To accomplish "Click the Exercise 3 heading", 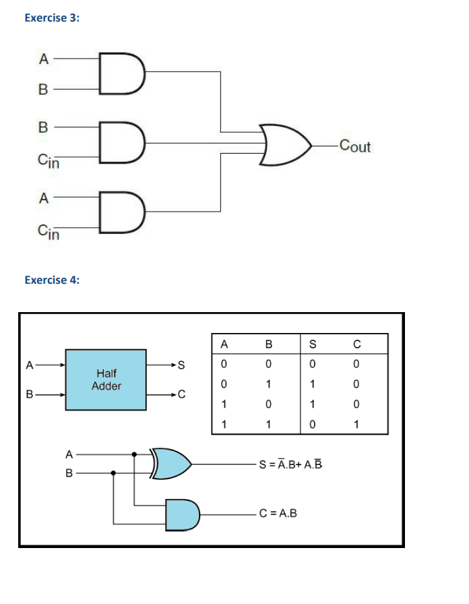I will pyautogui.click(x=51, y=18).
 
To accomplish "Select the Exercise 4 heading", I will pyautogui.click(x=52, y=280).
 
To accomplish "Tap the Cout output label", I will pyautogui.click(x=355, y=146).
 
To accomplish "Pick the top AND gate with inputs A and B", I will pyautogui.click(x=122, y=73).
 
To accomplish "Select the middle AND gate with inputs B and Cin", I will pyautogui.click(x=122, y=142).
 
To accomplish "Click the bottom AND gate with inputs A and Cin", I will pyautogui.click(x=122, y=212).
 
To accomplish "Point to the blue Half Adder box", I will pyautogui.click(x=106, y=379).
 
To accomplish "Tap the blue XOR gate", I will pyautogui.click(x=173, y=463).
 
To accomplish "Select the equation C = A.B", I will pyautogui.click(x=278, y=514).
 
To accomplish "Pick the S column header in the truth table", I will pyautogui.click(x=312, y=344).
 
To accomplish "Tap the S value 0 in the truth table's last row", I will pyautogui.click(x=312, y=425).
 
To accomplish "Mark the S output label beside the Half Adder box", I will pyautogui.click(x=181, y=365).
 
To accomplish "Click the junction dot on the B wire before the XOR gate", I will pyautogui.click(x=114, y=473).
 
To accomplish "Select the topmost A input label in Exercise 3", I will pyautogui.click(x=43, y=59).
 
